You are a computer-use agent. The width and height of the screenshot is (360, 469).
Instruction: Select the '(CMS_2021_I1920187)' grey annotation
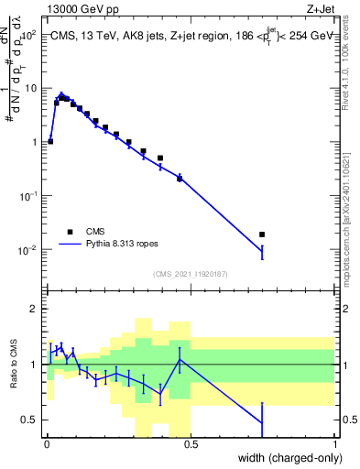coord(191,273)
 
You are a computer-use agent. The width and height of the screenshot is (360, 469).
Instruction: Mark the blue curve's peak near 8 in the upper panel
coord(61,94)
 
